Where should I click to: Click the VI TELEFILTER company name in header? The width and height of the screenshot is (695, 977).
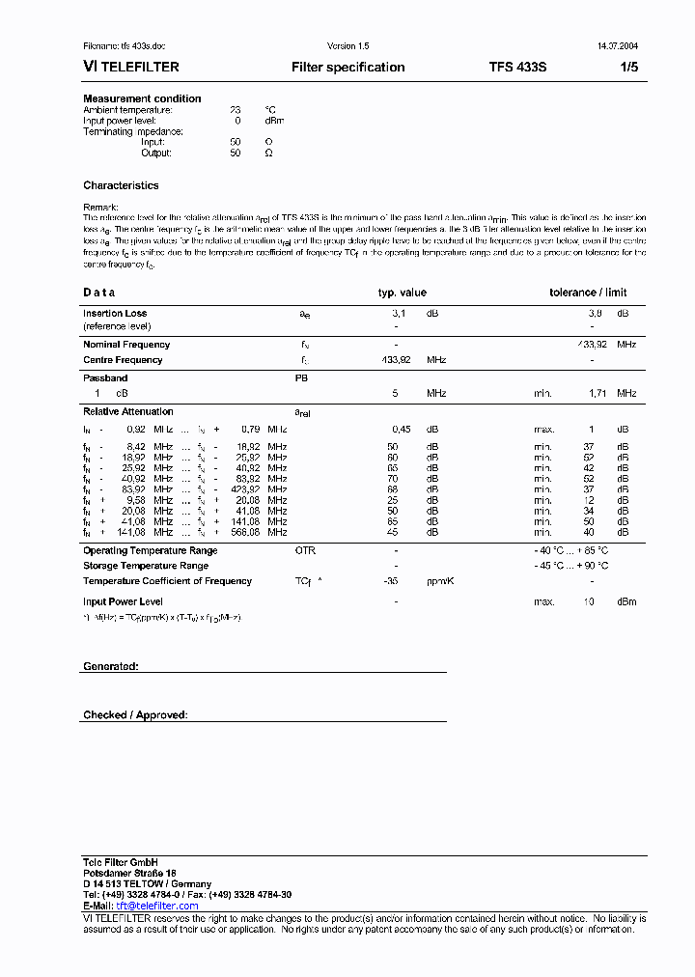130,68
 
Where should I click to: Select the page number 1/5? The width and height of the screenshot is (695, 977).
627,68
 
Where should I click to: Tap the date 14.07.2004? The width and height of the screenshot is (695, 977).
610,46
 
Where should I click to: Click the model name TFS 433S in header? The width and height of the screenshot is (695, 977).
517,68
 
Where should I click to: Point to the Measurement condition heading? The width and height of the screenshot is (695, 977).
142,98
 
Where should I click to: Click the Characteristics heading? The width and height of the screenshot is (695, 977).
121,185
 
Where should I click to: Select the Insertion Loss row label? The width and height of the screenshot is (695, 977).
115,314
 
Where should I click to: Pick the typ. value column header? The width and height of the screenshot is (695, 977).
402,293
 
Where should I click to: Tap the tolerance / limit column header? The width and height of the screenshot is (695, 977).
588,293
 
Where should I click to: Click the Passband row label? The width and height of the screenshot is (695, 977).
105,378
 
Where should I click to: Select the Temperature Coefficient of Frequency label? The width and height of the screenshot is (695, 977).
167,581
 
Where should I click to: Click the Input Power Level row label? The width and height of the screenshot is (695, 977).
123,601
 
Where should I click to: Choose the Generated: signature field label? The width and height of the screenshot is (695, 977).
111,667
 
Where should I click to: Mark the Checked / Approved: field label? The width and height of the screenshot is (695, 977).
135,715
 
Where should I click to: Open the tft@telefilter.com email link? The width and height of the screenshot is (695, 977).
157,906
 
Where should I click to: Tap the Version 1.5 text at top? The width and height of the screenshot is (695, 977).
347,46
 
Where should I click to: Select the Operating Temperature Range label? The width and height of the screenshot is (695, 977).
150,550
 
